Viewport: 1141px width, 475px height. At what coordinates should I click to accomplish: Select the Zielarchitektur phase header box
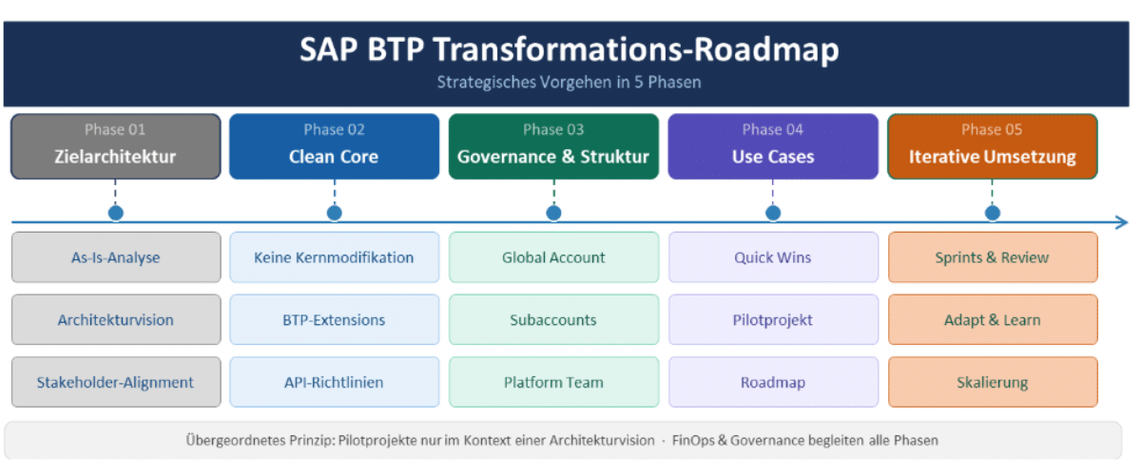pyautogui.click(x=115, y=146)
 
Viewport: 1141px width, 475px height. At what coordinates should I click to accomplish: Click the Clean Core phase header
pyautogui.click(x=334, y=146)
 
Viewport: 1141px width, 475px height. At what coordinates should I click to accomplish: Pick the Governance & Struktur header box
pyautogui.click(x=553, y=146)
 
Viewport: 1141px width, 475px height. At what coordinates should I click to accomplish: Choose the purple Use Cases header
pyautogui.click(x=772, y=146)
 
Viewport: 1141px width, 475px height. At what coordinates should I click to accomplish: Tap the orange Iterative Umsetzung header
pyautogui.click(x=992, y=146)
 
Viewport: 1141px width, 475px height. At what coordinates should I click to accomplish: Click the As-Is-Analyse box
pyautogui.click(x=115, y=257)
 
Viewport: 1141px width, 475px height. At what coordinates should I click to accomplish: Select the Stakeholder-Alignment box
pyautogui.click(x=115, y=383)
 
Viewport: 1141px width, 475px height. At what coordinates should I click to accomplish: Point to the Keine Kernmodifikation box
pyautogui.click(x=334, y=257)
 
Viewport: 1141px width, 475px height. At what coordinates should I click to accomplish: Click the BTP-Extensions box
pyautogui.click(x=334, y=320)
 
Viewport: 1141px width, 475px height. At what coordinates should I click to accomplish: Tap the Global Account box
pyautogui.click(x=553, y=257)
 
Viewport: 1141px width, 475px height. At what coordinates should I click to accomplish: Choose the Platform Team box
pyautogui.click(x=553, y=383)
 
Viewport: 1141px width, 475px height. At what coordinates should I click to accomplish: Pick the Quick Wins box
pyautogui.click(x=772, y=257)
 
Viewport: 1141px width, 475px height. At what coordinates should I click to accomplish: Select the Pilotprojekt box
pyautogui.click(x=772, y=320)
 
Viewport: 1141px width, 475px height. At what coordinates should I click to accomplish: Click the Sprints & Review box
pyautogui.click(x=992, y=257)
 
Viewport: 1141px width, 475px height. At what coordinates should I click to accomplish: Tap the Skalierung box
pyautogui.click(x=992, y=383)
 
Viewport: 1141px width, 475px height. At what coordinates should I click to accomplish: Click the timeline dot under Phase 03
pyautogui.click(x=553, y=213)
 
